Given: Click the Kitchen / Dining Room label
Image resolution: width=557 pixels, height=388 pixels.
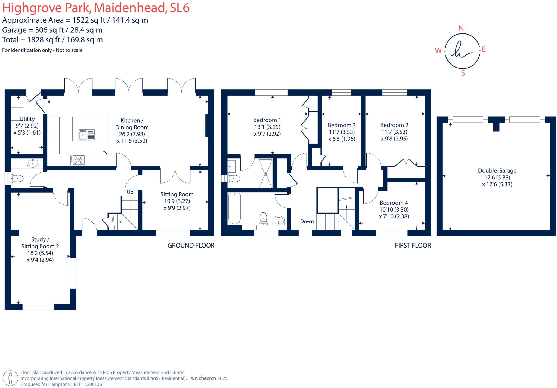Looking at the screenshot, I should (132, 124).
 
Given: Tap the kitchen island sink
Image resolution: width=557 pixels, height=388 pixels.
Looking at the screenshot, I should (86, 135).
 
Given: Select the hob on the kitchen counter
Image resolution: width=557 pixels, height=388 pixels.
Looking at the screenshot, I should (78, 160).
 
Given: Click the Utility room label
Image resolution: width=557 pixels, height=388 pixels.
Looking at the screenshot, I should (27, 119).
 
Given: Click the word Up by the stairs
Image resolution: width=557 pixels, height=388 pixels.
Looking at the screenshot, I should (130, 192).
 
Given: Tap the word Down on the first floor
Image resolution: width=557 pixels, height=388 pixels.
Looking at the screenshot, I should (307, 221).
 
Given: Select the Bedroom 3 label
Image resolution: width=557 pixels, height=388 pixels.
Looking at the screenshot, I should (342, 125).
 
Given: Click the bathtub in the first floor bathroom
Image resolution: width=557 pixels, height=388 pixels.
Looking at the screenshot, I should (235, 208).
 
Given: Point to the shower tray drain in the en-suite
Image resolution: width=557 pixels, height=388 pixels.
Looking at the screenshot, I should (265, 174).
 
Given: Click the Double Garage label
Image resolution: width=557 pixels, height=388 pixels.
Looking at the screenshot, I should (497, 171).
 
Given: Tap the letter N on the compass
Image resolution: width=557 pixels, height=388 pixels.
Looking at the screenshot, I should (461, 28).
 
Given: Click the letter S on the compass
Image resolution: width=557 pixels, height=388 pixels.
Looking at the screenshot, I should (463, 73).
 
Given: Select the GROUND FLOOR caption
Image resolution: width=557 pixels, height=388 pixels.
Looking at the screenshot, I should (191, 245).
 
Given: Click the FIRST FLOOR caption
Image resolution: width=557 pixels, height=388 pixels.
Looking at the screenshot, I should (413, 245).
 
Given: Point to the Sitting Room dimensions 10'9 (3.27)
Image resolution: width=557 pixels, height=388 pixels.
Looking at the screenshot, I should (177, 201).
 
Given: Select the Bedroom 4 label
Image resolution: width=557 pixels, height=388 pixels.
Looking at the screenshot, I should (394, 203).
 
